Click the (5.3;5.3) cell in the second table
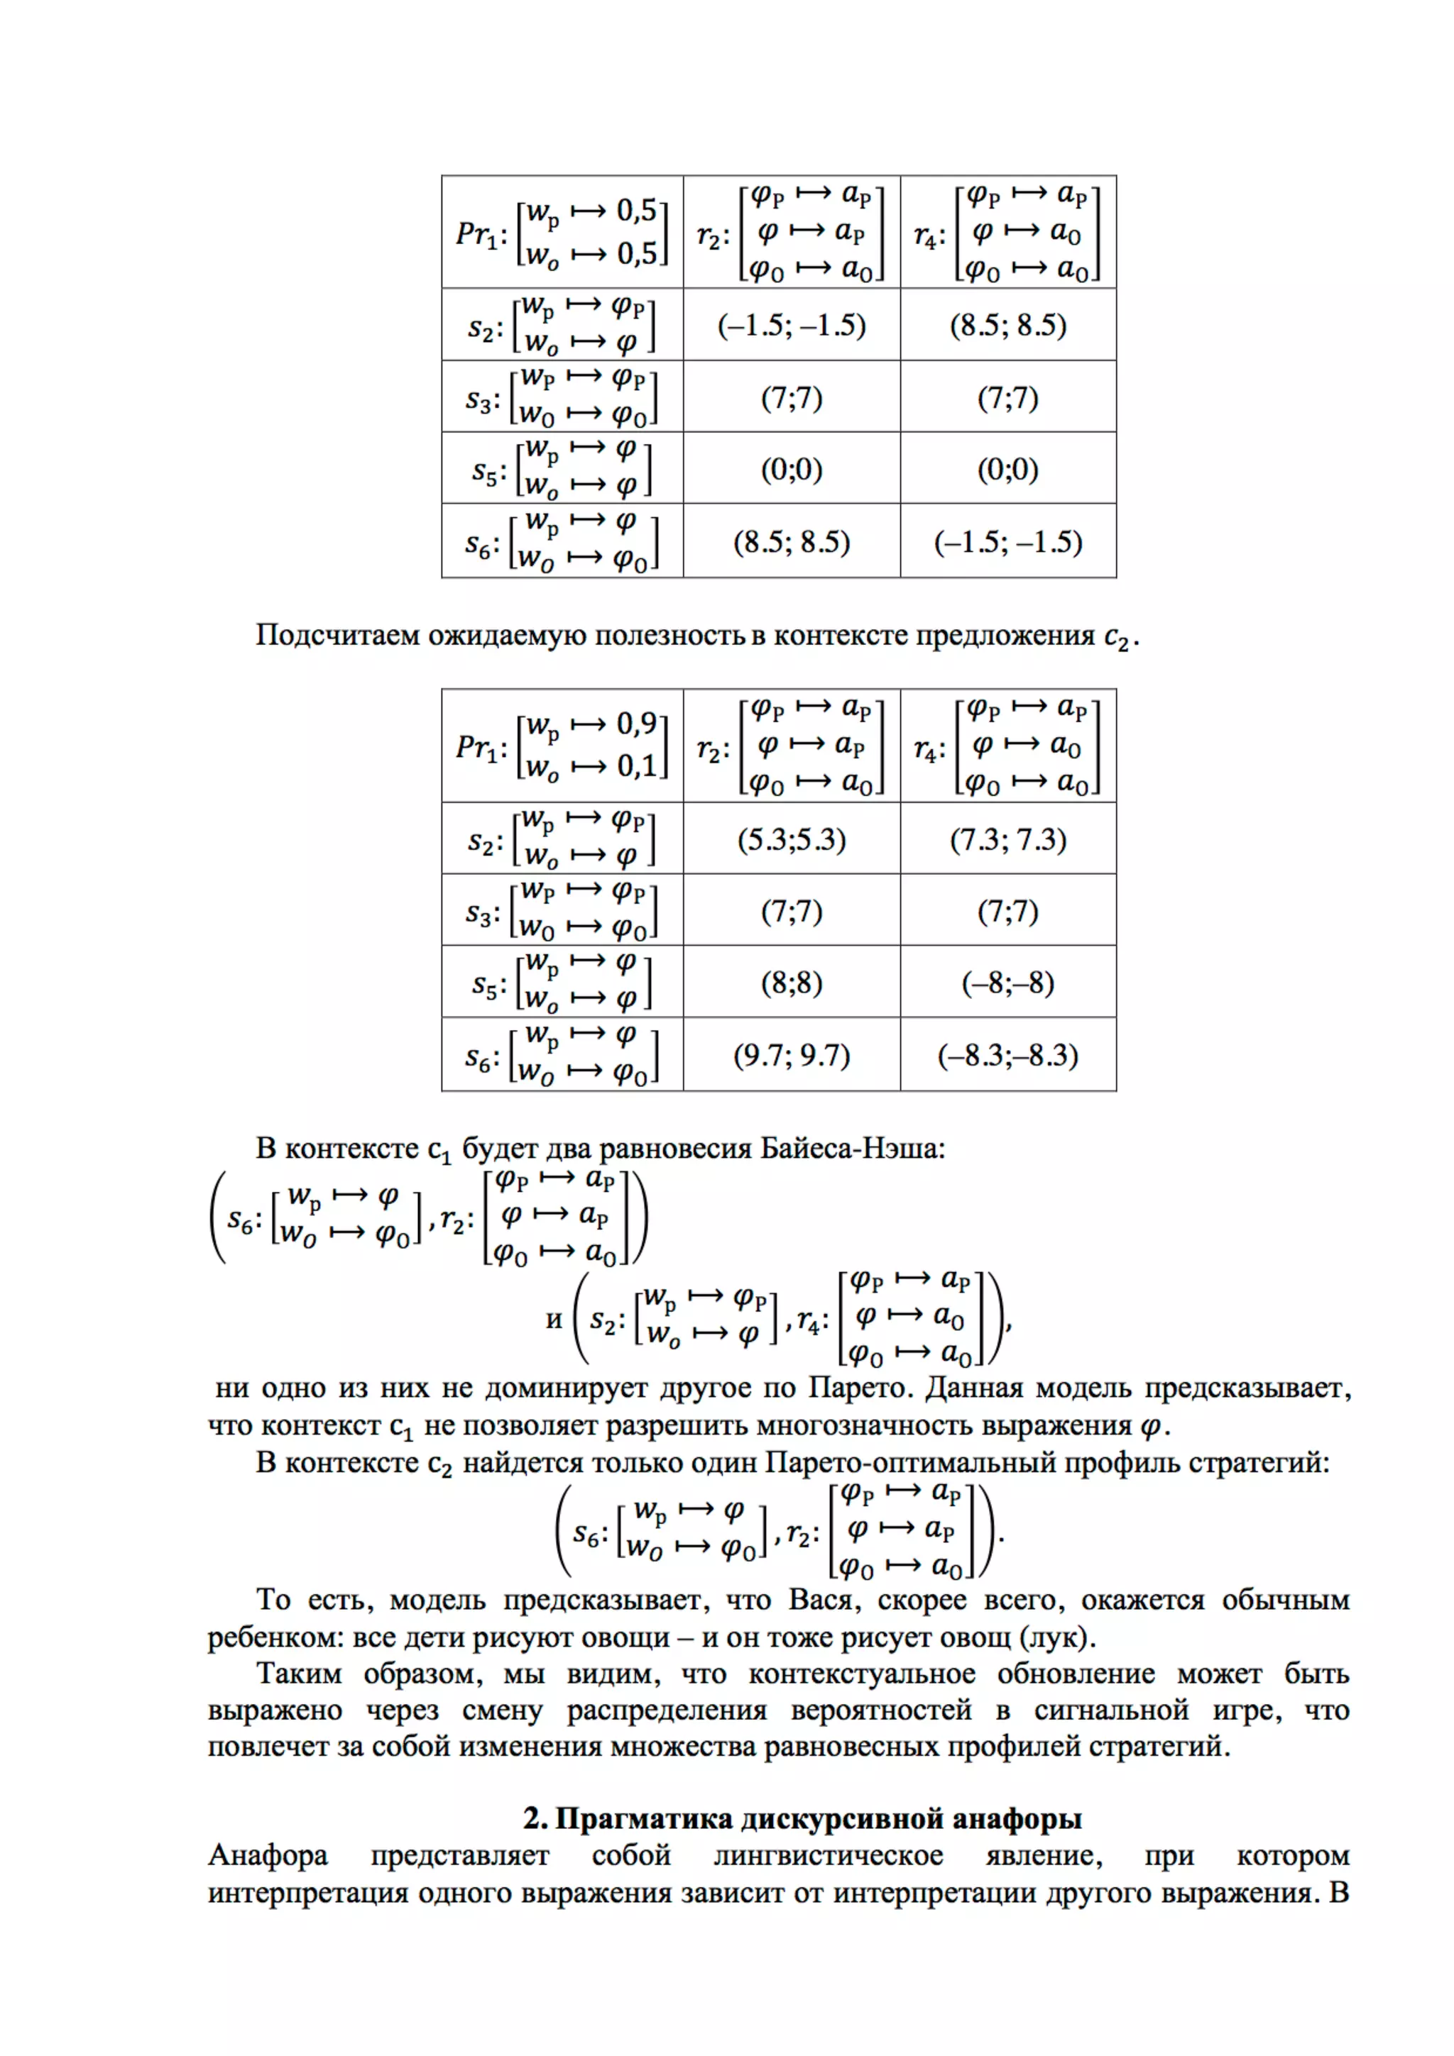(791, 839)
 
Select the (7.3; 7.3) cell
(1008, 839)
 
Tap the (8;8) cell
(791, 983)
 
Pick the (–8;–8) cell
(1008, 983)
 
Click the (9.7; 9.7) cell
(791, 1055)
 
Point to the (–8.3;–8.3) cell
(1008, 1055)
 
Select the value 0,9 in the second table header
(637, 724)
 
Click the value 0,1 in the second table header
(637, 766)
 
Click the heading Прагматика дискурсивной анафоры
(802, 1819)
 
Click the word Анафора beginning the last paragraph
(268, 1855)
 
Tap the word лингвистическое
(828, 1855)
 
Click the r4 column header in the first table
(928, 236)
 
